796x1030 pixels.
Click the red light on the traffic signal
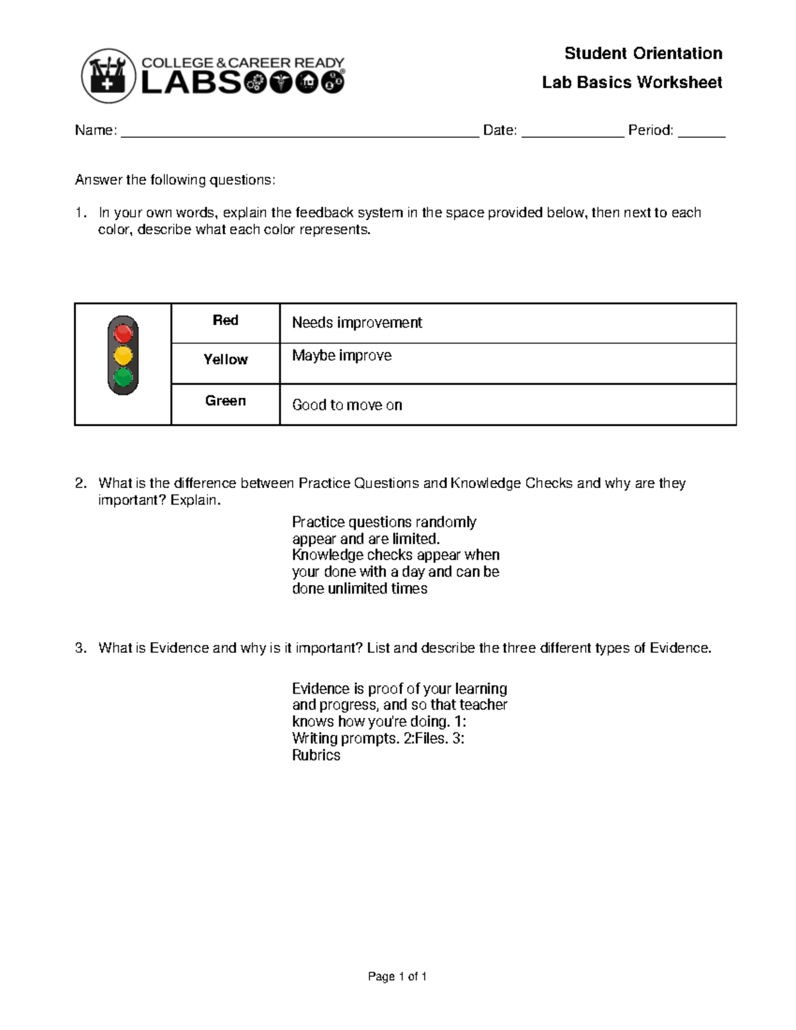click(x=123, y=333)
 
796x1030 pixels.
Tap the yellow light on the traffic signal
click(x=123, y=355)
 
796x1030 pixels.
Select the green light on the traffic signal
click(x=123, y=377)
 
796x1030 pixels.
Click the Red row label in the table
click(x=226, y=320)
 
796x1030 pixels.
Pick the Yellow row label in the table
click(x=226, y=359)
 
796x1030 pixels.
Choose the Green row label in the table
click(x=226, y=401)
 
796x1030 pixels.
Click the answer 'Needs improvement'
click(x=357, y=323)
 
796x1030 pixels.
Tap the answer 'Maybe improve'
click(x=342, y=355)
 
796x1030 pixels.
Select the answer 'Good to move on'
click(x=347, y=405)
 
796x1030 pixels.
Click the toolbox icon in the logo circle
click(x=108, y=76)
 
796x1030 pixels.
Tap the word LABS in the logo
click(x=192, y=83)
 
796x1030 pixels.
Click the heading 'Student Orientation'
click(x=643, y=53)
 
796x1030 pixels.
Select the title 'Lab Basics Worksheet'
click(x=631, y=82)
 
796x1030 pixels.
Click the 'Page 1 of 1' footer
click(x=397, y=976)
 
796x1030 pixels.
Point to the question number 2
click(x=80, y=483)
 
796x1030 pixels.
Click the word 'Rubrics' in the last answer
click(x=316, y=755)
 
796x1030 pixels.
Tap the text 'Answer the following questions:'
click(x=174, y=180)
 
